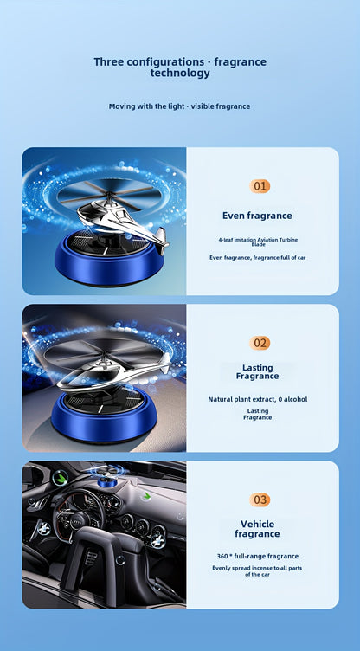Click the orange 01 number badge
point(260,186)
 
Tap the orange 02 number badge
point(260,343)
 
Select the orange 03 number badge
point(260,500)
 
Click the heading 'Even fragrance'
point(257,216)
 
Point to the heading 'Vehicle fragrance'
point(257,529)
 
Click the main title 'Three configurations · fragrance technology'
point(180,68)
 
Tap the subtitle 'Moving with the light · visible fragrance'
point(179,106)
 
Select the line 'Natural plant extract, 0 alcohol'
point(257,399)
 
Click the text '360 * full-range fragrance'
point(257,556)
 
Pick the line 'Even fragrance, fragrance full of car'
point(257,257)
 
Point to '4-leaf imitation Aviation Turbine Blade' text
point(257,242)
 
